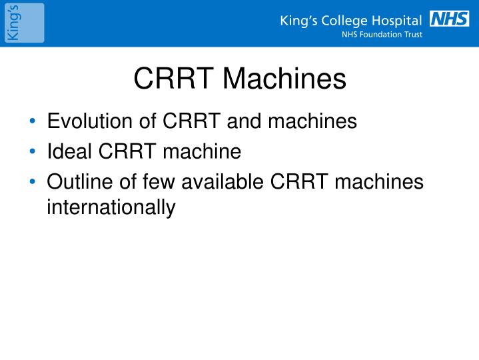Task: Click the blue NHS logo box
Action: click(x=450, y=19)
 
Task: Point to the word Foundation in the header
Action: click(x=382, y=35)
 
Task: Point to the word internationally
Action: click(x=111, y=207)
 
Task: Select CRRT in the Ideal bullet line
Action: click(x=125, y=151)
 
